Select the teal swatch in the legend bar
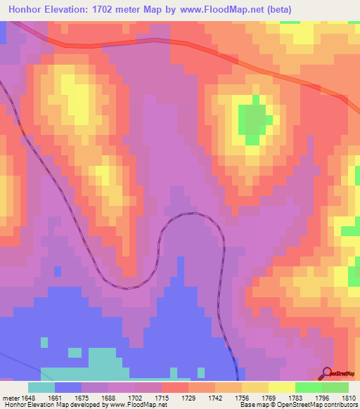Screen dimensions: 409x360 click(41, 387)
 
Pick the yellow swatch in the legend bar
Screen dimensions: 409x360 click(282, 387)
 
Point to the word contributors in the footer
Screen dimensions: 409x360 click(340, 405)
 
